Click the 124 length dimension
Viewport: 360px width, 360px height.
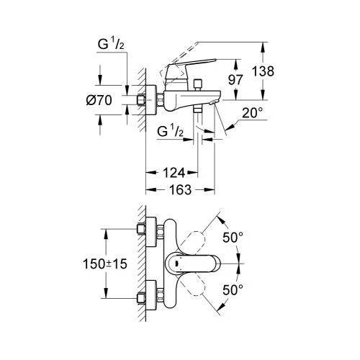(170, 172)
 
